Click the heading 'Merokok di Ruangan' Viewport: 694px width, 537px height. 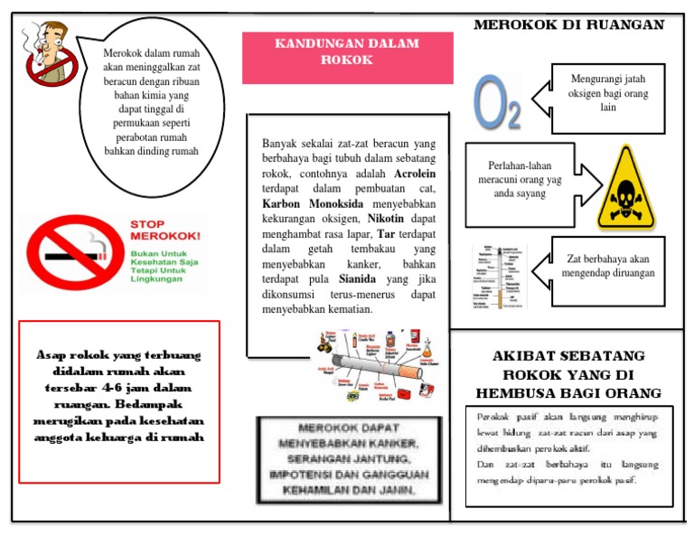coord(568,24)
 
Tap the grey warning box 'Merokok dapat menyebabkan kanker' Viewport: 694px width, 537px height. coord(349,458)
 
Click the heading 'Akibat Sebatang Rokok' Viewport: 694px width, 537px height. coord(568,374)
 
